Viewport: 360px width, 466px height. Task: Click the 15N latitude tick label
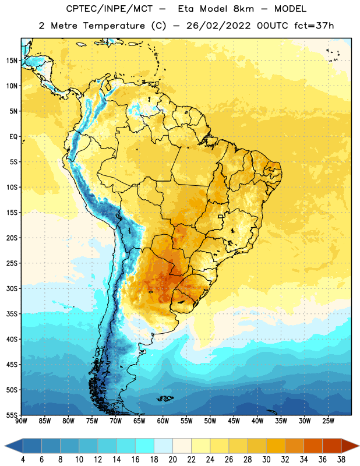12,61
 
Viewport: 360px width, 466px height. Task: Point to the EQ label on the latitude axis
13,137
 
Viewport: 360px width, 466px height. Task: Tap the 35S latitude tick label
12,314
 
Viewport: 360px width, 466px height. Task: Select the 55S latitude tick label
12,415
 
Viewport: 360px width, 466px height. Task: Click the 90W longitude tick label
21,421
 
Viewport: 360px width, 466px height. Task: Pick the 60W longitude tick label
163,421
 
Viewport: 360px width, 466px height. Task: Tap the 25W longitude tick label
328,421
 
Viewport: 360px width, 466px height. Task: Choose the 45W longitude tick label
234,421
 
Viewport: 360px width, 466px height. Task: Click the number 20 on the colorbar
172,460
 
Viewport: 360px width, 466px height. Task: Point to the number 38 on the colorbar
341,460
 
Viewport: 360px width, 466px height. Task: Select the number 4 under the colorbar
23,460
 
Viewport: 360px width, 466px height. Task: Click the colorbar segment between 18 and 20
163,446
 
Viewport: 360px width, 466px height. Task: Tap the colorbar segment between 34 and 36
313,446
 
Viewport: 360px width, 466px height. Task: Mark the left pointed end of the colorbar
5,446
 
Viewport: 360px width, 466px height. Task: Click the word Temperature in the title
114,26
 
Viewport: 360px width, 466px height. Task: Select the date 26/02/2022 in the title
218,26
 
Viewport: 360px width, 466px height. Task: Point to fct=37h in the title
314,26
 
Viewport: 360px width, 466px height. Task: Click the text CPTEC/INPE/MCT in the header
110,9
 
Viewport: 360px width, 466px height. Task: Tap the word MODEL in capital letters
290,9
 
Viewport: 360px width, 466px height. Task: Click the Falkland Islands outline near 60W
165,398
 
